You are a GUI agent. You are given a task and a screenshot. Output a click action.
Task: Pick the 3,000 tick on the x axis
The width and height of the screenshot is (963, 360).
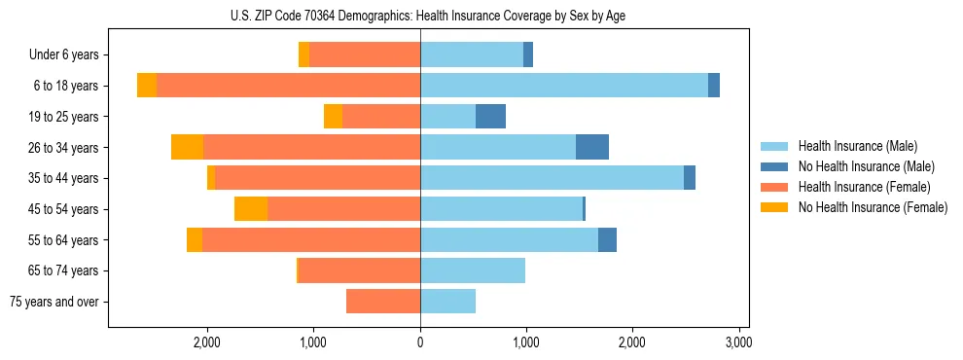[738, 342]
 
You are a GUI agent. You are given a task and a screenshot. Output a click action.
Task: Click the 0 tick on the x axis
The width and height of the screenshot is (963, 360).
[420, 342]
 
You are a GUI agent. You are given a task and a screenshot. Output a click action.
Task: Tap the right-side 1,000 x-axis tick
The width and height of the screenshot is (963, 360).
[526, 342]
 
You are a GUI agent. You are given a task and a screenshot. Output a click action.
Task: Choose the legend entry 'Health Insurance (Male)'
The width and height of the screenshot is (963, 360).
[858, 146]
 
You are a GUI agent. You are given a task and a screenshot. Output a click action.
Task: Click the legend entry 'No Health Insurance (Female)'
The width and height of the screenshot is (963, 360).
[873, 207]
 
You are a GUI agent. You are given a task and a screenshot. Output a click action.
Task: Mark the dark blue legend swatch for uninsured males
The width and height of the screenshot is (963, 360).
[774, 166]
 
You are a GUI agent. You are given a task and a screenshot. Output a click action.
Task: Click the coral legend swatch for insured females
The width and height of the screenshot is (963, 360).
[774, 187]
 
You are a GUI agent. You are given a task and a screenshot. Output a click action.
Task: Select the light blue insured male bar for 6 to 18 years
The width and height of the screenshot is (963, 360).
[564, 86]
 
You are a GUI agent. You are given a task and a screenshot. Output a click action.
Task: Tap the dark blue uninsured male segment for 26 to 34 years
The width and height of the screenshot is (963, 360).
[592, 147]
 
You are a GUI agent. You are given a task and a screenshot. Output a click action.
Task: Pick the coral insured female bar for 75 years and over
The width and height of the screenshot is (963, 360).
[383, 302]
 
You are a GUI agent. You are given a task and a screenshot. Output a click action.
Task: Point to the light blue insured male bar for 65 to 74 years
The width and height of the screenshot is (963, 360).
[473, 270]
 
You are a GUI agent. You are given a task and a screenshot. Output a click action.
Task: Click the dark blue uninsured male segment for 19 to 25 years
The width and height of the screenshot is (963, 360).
[490, 117]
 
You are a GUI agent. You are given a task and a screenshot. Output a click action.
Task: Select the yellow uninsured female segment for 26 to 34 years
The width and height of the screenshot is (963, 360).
[187, 147]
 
